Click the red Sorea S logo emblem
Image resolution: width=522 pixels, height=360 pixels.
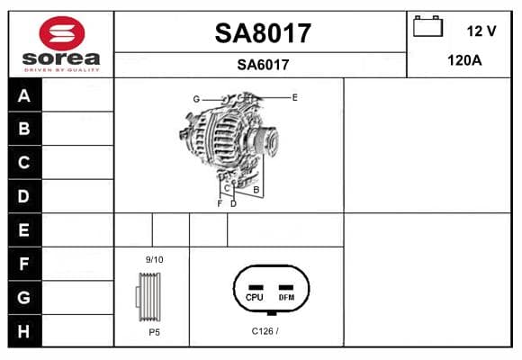click(62, 33)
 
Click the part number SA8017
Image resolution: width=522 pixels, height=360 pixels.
click(263, 33)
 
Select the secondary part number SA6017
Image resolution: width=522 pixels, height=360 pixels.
click(263, 65)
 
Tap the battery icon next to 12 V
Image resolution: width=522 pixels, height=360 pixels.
click(427, 26)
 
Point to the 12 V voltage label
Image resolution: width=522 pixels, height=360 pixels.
click(481, 31)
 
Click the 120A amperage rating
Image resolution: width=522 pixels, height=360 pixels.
click(464, 60)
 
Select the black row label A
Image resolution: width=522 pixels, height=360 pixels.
click(24, 95)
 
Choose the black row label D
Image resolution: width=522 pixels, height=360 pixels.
click(24, 196)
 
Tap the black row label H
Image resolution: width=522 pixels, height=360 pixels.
click(24, 331)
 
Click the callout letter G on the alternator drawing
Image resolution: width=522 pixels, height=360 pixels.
click(196, 99)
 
